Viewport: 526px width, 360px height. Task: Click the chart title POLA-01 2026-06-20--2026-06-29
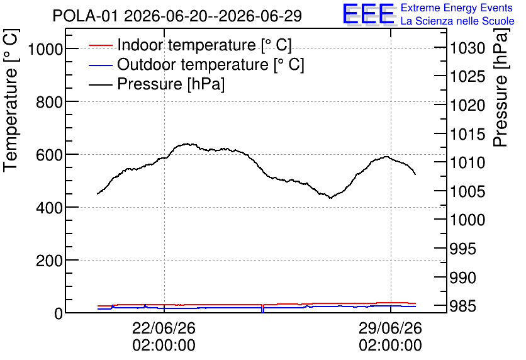177,16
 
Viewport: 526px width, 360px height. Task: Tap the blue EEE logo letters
369,14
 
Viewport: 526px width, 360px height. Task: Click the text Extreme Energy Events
457,8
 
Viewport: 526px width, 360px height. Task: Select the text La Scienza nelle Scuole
457,21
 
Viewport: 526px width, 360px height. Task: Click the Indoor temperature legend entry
190,45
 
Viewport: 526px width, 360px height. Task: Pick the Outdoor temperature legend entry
196,64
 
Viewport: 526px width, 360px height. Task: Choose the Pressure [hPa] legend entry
157,84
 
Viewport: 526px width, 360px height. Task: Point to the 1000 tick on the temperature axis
45,49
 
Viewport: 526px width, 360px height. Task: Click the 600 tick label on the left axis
49,155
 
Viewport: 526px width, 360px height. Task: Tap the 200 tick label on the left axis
49,261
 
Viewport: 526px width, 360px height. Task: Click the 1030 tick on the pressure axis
467,48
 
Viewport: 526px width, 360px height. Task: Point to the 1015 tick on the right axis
467,135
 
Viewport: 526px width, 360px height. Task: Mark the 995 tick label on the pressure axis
462,249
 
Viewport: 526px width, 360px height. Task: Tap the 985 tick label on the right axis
462,306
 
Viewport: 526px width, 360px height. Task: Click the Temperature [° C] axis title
11,100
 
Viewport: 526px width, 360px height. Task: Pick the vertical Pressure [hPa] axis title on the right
501,87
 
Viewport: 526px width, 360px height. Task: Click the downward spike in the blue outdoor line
262,310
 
